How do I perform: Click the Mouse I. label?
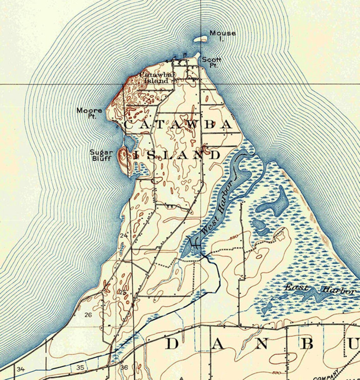pos(222,35)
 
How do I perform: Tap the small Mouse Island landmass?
pos(200,40)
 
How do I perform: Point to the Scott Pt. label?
pos(211,62)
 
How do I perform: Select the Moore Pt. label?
pos(89,113)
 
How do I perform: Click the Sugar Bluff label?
pos(101,155)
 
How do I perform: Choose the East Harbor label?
pos(319,289)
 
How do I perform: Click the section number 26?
pos(88,315)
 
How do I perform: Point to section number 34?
pos(21,369)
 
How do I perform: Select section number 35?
pos(80,367)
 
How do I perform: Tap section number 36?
pos(124,367)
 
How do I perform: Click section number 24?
pos(124,236)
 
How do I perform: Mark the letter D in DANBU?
pos(172,344)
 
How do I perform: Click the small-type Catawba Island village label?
pos(157,78)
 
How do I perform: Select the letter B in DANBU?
pos(306,344)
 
